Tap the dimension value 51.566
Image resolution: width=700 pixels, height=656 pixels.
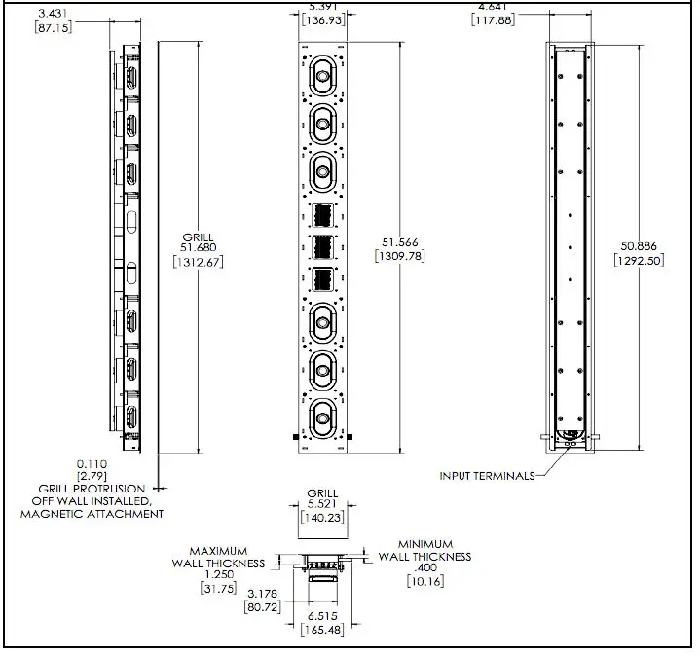[398, 242]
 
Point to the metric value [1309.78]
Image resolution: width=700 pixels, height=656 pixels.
[398, 256]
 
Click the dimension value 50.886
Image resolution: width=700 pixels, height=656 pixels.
[641, 246]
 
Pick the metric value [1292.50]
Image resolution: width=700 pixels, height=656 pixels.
[641, 260]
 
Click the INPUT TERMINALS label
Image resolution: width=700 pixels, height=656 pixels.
[487, 476]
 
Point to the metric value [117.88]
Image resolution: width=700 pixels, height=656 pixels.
[494, 19]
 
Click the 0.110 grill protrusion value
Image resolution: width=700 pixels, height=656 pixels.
[92, 464]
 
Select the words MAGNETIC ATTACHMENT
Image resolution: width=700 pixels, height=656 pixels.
[92, 513]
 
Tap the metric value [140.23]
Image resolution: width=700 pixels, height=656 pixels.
[322, 519]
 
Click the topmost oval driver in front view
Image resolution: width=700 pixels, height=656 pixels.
[322, 75]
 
